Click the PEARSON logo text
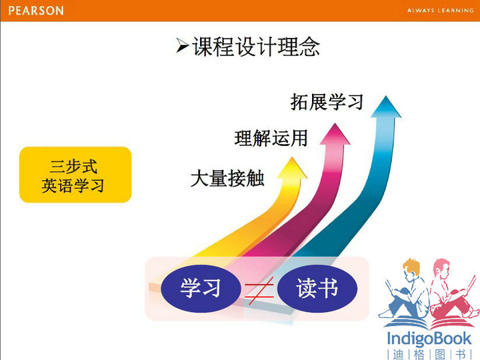(x=36, y=11)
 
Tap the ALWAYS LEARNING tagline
(x=440, y=11)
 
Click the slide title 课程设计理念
(x=255, y=47)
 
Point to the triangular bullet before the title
(x=182, y=45)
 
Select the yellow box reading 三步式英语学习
(x=75, y=175)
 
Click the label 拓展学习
(x=327, y=101)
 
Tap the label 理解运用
(x=271, y=138)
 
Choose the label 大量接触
(x=227, y=178)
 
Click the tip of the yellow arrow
(x=293, y=157)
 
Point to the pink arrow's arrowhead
(x=335, y=134)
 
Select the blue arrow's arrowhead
(x=386, y=107)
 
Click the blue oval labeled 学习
(x=201, y=289)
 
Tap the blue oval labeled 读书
(x=317, y=289)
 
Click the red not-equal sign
(x=259, y=291)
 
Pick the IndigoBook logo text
(x=429, y=339)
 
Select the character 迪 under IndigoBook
(x=398, y=355)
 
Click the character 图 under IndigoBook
(x=440, y=355)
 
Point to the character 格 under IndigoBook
(x=419, y=355)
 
